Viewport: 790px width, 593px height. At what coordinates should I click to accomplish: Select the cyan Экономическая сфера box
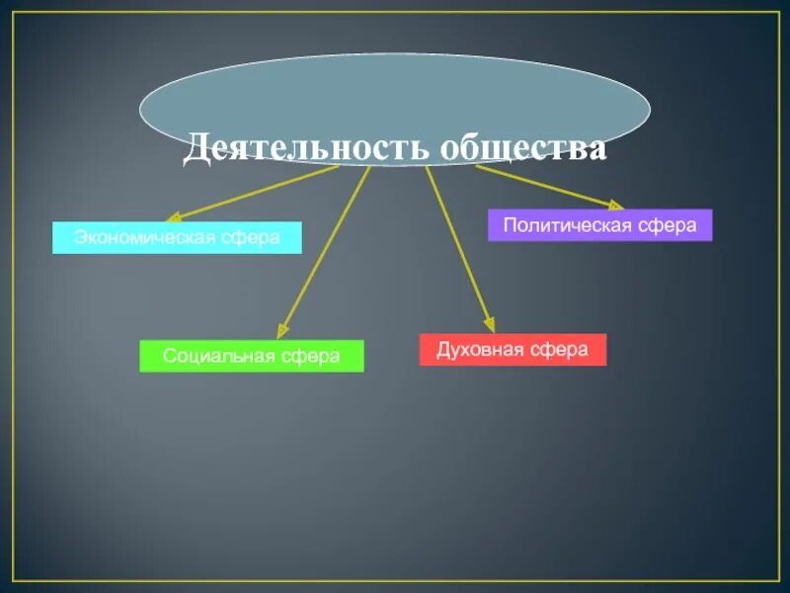pyautogui.click(x=177, y=237)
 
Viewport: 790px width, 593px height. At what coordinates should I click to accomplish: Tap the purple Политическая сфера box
pyautogui.click(x=599, y=225)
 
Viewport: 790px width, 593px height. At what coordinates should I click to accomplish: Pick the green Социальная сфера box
pyautogui.click(x=252, y=356)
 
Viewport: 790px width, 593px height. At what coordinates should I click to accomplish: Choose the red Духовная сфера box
pyautogui.click(x=513, y=350)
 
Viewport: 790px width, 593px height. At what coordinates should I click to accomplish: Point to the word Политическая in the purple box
pyautogui.click(x=568, y=225)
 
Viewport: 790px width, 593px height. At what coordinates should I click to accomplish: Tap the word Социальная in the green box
pyautogui.click(x=223, y=356)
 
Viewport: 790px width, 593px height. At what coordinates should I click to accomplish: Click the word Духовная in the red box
pyautogui.click(x=482, y=350)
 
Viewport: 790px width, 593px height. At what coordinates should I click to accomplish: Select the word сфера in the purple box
pyautogui.click(x=667, y=225)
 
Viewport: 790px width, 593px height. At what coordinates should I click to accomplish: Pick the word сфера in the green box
pyautogui.click(x=313, y=356)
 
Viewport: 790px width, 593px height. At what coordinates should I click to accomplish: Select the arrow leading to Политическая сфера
pyautogui.click(x=548, y=187)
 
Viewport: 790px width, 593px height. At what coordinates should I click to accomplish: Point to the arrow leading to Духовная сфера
pyautogui.click(x=459, y=247)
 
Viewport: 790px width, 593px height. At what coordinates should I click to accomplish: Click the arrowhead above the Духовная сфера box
pyautogui.click(x=488, y=323)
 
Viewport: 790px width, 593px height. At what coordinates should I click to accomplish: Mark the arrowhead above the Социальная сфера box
pyautogui.click(x=283, y=330)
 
